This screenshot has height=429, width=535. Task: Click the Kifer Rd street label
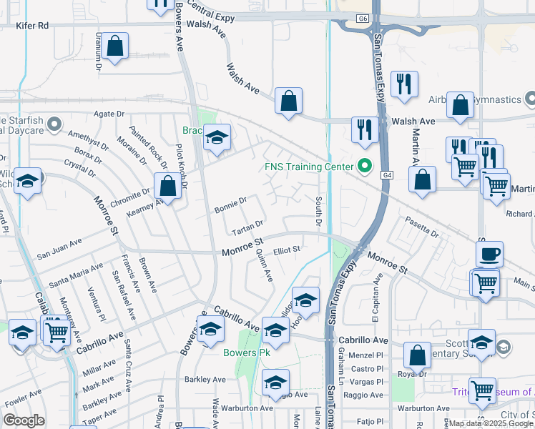[33, 25]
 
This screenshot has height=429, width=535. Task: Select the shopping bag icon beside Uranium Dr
[114, 47]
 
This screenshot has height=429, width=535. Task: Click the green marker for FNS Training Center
[365, 167]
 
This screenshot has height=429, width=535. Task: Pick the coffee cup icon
[489, 254]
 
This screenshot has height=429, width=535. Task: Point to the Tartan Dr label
[248, 230]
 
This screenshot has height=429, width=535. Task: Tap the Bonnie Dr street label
[230, 207]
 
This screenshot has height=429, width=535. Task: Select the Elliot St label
[285, 250]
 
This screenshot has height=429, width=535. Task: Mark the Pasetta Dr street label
[421, 227]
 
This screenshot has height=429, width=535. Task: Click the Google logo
[24, 420]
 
